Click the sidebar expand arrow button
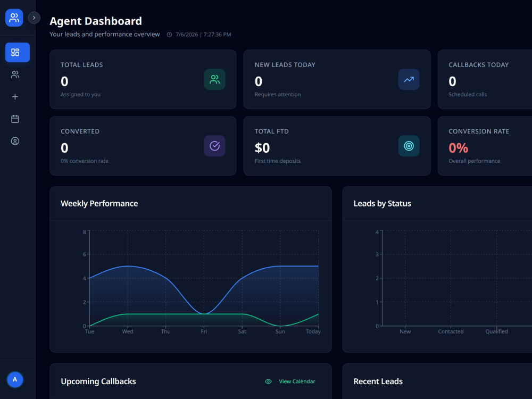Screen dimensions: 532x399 click(34, 18)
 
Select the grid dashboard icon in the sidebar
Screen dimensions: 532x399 click(15, 52)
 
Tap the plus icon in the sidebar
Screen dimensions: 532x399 click(15, 97)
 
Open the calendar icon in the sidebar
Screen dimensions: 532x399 click(15, 119)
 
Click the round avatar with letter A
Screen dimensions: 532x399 click(15, 379)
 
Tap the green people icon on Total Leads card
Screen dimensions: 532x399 click(215, 79)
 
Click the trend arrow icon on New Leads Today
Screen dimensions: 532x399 click(409, 79)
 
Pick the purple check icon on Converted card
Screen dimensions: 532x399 click(215, 146)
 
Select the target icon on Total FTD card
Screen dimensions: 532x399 click(409, 146)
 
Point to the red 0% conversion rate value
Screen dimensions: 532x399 click(459, 148)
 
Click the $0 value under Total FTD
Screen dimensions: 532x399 click(262, 148)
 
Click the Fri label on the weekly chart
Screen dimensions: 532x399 click(204, 331)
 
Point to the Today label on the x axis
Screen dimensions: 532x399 click(313, 331)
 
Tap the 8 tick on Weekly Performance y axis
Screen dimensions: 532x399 click(85, 232)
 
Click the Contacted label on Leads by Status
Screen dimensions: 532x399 click(451, 331)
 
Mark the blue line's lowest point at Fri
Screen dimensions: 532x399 click(204, 314)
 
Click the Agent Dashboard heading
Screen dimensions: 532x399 click(96, 21)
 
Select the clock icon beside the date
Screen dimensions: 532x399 click(169, 35)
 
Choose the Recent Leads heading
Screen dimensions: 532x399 click(378, 381)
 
